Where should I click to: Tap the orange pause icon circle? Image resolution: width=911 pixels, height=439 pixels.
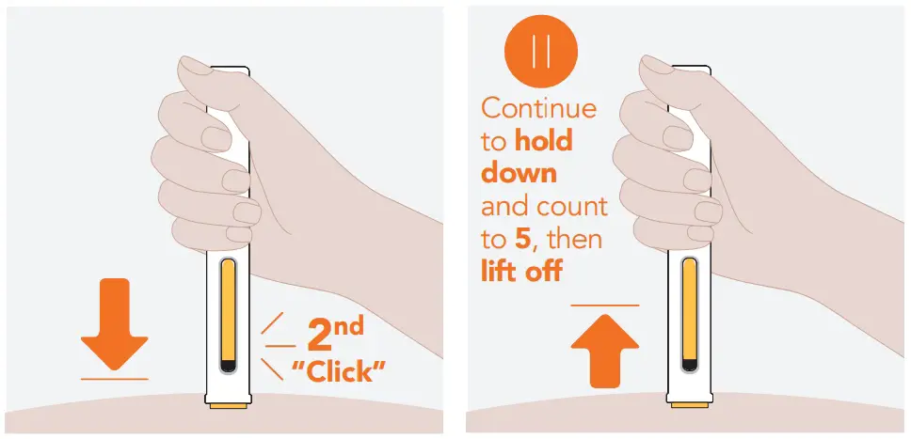click(540, 53)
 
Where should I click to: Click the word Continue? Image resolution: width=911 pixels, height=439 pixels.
click(538, 107)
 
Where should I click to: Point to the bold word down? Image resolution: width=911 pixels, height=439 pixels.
click(519, 174)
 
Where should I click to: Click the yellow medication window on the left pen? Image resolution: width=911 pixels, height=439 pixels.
click(227, 310)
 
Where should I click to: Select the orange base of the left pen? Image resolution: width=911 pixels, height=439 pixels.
click(227, 405)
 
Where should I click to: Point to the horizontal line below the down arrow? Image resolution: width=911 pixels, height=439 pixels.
click(115, 378)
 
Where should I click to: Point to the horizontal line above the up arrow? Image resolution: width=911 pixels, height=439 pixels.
click(604, 305)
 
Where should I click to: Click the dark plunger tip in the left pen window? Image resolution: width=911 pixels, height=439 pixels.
click(227, 365)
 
